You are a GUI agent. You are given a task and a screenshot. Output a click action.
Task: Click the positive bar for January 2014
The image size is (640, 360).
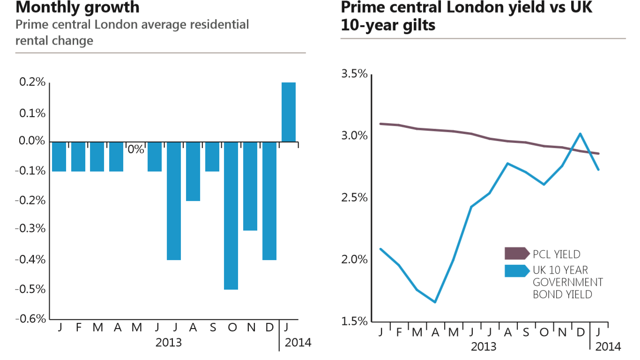(x=289, y=112)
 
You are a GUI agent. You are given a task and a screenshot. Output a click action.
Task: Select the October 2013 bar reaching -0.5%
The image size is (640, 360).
(x=231, y=216)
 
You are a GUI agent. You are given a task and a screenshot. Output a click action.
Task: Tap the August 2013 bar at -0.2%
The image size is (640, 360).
(x=193, y=171)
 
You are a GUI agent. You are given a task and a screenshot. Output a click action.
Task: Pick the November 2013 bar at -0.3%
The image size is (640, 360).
(x=250, y=186)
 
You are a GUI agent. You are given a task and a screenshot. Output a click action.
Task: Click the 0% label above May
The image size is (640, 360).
(x=136, y=150)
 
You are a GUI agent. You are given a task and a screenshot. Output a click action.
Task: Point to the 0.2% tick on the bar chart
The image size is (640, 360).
(x=32, y=82)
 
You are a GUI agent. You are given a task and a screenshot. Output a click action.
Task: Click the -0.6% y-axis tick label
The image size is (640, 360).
(x=31, y=319)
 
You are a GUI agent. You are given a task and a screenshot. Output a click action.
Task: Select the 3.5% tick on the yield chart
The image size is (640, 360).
(x=355, y=74)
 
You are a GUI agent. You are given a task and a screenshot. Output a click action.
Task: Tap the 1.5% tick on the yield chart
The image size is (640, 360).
(x=355, y=322)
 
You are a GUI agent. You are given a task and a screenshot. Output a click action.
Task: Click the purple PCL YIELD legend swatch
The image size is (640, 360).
(x=516, y=254)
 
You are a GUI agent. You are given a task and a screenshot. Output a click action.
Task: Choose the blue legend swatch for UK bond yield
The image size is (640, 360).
(x=516, y=270)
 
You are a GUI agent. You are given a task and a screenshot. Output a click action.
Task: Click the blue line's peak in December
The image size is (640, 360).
(x=580, y=134)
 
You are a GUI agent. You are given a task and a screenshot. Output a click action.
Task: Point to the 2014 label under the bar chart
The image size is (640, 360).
(x=298, y=342)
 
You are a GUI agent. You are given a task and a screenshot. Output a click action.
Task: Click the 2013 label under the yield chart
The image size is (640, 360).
(x=484, y=347)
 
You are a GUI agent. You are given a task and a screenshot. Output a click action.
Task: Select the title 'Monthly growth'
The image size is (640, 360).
(x=77, y=7)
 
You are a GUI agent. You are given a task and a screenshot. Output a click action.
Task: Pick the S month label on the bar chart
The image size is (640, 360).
(x=213, y=327)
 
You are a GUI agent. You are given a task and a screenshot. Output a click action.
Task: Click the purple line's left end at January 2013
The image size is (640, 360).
(x=380, y=124)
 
